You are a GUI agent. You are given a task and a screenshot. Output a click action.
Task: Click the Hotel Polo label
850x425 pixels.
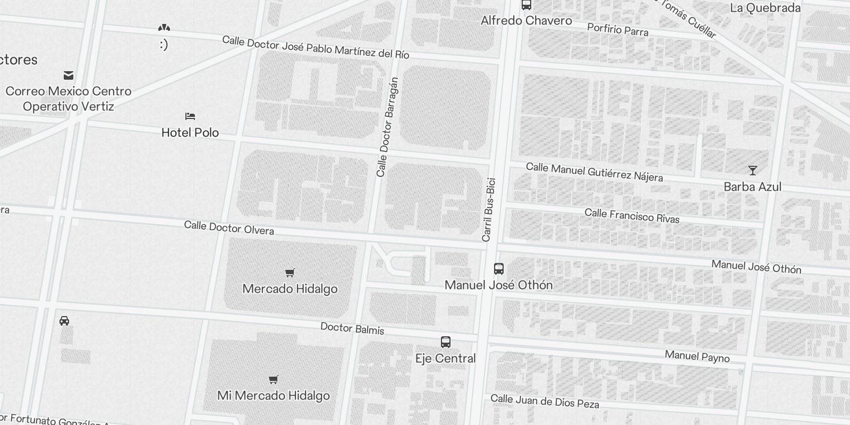coord(190,132)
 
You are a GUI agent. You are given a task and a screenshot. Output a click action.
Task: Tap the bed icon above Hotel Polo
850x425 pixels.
coord(190,116)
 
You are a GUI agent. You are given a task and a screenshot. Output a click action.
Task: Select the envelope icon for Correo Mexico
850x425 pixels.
coord(69,75)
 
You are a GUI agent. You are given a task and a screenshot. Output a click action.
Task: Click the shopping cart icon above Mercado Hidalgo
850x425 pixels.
coord(290,273)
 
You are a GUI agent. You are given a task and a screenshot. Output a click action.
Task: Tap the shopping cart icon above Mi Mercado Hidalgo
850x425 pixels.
coord(273,379)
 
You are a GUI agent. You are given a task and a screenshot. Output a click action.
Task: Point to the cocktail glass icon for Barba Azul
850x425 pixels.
coord(752,171)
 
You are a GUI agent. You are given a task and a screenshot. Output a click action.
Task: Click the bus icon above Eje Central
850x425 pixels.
coord(446,342)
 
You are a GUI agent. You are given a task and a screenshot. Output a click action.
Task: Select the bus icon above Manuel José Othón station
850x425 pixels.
coord(498,269)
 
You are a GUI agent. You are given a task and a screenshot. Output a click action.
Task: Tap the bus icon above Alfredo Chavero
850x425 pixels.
coord(526,5)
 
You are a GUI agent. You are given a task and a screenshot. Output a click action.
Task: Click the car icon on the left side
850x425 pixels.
coord(64,321)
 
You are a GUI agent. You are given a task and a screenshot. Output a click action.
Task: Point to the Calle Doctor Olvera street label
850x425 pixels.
coord(229,228)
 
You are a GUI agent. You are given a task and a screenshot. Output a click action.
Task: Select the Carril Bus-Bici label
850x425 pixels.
coord(489,210)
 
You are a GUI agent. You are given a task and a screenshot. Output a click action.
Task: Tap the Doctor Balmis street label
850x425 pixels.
coord(352,328)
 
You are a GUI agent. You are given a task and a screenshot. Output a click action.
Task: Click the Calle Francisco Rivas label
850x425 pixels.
coord(632,216)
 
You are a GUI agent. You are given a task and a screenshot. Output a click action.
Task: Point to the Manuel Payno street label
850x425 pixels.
coord(697,356)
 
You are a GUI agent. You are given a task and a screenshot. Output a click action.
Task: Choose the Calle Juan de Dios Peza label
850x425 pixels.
coord(545,401)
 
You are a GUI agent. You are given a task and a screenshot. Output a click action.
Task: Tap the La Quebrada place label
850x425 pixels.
coord(765,7)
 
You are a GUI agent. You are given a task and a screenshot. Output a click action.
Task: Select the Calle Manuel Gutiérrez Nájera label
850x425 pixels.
coord(594,172)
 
